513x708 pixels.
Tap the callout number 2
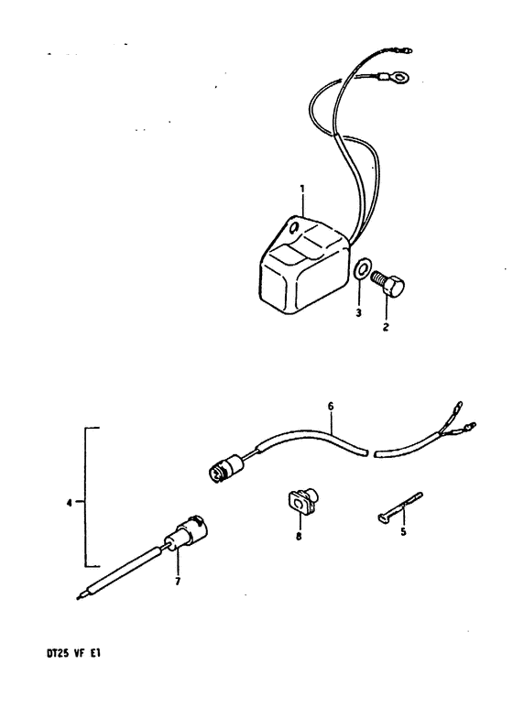(x=386, y=327)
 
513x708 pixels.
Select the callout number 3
(x=358, y=313)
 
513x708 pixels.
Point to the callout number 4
(x=69, y=503)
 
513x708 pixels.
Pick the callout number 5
(x=403, y=532)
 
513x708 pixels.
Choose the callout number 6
(x=331, y=407)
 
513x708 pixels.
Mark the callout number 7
(x=178, y=582)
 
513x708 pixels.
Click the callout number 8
(x=299, y=537)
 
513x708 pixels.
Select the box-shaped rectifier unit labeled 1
(x=304, y=265)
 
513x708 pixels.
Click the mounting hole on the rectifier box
(x=294, y=227)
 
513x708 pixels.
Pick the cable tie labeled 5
(x=398, y=508)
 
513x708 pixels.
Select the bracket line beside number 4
(x=85, y=496)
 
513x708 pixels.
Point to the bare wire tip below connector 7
(x=81, y=597)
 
